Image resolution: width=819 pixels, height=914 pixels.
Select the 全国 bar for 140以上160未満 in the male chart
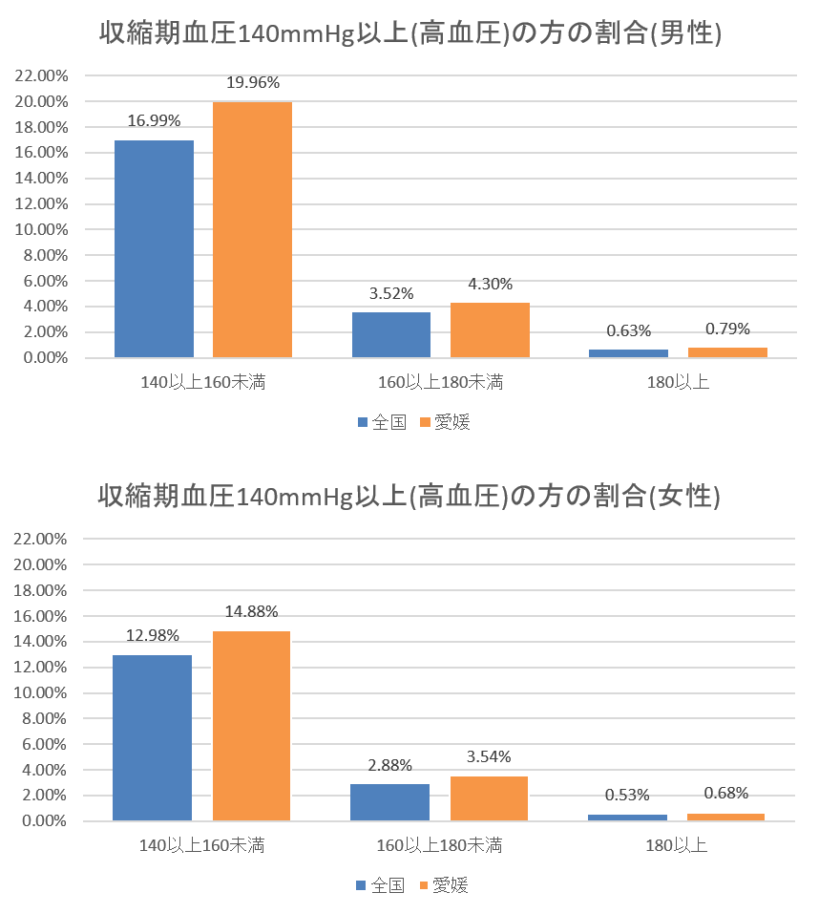tap(154, 249)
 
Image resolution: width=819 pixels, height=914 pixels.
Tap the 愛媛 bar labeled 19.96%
tap(252, 229)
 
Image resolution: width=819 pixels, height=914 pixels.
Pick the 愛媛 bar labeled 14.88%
tap(251, 725)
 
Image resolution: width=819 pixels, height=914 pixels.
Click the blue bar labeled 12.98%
tap(152, 737)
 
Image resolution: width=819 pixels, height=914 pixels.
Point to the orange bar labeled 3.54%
tap(489, 797)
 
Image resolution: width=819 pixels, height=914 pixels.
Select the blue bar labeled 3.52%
tap(391, 335)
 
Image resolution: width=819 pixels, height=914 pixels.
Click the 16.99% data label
tap(154, 120)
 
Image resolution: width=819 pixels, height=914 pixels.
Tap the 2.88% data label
tap(389, 765)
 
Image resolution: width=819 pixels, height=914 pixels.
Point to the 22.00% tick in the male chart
tap(41, 75)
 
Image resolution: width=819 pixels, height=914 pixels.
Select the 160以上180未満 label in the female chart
tap(439, 845)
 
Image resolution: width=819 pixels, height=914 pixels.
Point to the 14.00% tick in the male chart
tap(41, 179)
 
